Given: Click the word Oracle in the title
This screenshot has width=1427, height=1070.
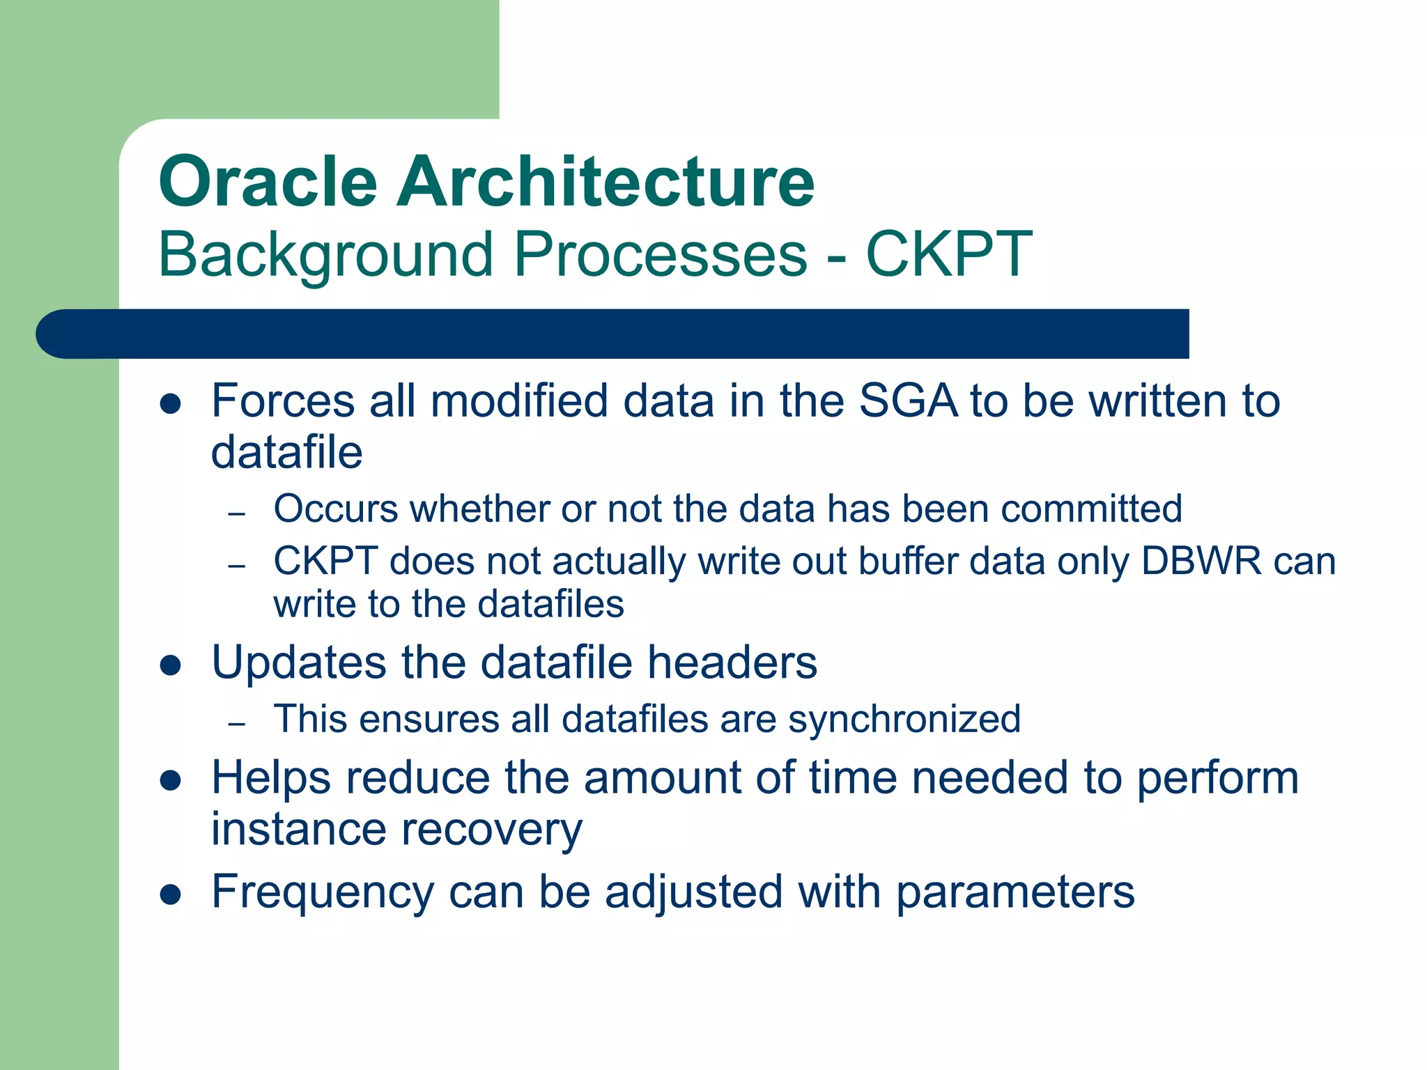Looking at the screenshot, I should point(268,182).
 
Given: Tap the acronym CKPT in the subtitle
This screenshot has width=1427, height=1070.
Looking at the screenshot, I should point(948,254).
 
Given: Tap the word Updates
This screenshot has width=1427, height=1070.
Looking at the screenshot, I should point(298,663).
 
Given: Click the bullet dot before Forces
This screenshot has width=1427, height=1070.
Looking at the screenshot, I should point(171,403).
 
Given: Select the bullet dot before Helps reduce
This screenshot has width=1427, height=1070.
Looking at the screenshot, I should point(171,780).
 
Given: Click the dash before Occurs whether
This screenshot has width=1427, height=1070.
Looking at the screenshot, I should point(237,514).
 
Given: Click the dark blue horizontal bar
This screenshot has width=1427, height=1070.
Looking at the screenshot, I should point(613,334).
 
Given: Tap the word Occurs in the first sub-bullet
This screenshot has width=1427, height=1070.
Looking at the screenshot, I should point(335,509).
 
